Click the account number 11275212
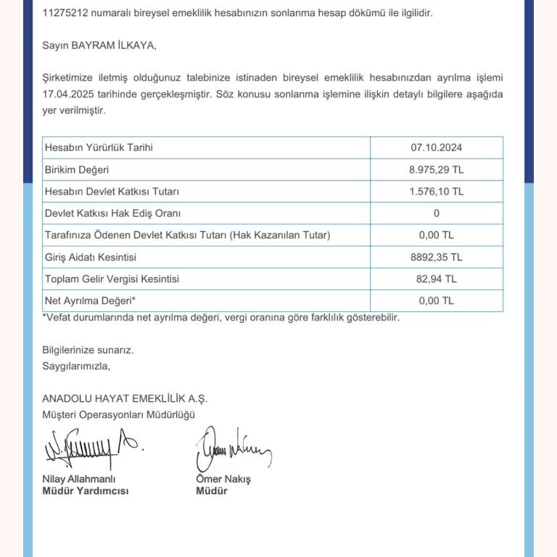(65, 13)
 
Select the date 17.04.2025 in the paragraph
(67, 94)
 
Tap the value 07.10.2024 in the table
(436, 148)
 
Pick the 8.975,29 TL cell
(436, 170)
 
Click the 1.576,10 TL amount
(436, 191)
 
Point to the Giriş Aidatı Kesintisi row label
(91, 257)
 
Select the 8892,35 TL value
(436, 257)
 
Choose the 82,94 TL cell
(436, 278)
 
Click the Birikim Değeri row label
(77, 170)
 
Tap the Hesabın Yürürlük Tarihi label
(99, 148)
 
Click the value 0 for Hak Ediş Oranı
(436, 213)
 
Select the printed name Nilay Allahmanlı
(79, 479)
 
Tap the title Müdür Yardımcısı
(85, 491)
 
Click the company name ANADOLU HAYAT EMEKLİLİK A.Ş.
(125, 398)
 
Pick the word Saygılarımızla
(76, 366)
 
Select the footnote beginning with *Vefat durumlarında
(221, 318)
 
